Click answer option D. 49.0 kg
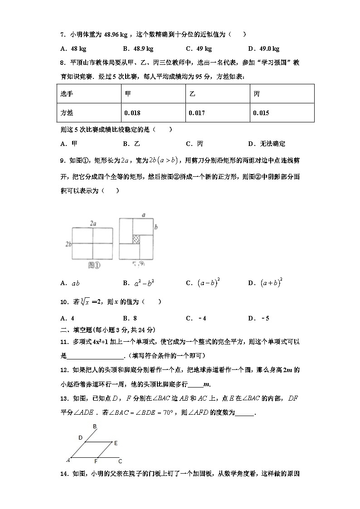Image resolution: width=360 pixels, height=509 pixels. tap(264, 48)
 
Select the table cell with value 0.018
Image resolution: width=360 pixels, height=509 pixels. tap(132, 113)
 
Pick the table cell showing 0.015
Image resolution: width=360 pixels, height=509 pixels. tap(261, 113)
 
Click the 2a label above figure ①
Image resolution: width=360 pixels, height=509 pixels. tap(93, 223)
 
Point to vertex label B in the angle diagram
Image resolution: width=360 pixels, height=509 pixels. tap(95, 426)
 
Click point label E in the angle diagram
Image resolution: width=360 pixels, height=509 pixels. tap(116, 443)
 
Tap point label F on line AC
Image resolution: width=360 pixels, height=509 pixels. tap(96, 461)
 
